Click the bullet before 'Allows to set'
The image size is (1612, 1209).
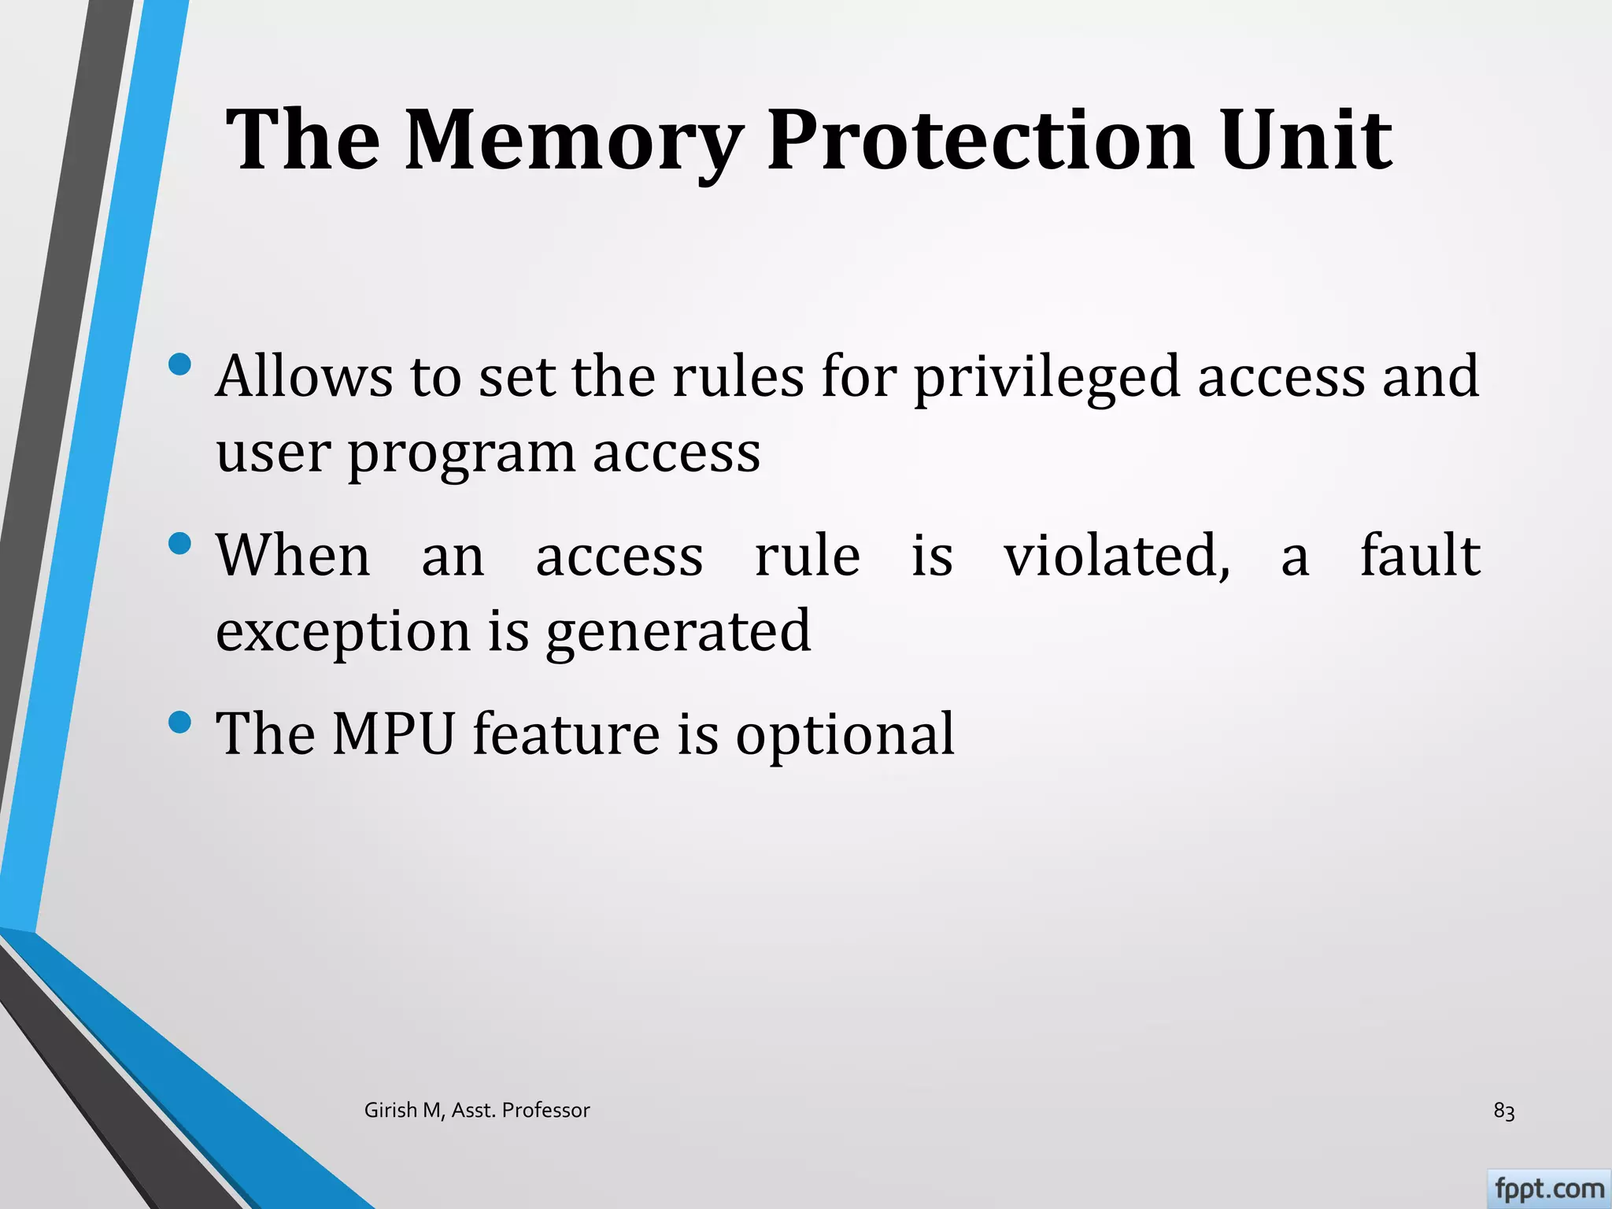click(180, 364)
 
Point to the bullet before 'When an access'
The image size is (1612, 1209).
click(180, 544)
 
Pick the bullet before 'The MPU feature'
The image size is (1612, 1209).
click(180, 722)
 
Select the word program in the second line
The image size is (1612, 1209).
click(461, 454)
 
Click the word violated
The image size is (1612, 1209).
click(1116, 556)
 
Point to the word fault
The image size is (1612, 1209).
click(1420, 556)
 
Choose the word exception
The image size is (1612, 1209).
click(342, 632)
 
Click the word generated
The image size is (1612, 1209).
click(678, 632)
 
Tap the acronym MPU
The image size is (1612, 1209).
click(393, 734)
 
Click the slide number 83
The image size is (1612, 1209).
click(1503, 1111)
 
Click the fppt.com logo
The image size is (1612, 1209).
click(1548, 1188)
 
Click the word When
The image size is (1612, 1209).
click(293, 556)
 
